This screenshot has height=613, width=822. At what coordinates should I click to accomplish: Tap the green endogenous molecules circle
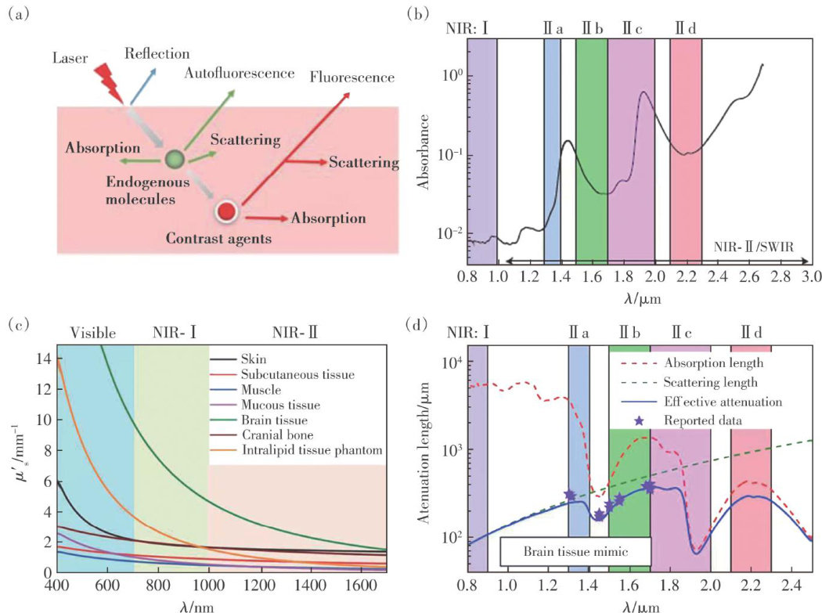(175, 160)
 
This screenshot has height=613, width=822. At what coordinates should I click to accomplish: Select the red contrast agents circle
(226, 211)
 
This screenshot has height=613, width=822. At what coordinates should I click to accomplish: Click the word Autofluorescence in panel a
(240, 73)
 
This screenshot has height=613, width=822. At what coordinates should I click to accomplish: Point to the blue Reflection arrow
(142, 85)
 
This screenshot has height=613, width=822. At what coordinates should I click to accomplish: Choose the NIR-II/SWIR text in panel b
(754, 246)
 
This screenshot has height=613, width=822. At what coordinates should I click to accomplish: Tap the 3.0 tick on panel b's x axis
(809, 276)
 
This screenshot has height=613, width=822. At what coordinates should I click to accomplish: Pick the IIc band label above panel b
(632, 27)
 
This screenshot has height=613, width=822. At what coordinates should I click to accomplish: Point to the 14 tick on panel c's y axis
(45, 359)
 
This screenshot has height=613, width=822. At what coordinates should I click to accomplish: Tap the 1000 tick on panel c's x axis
(207, 585)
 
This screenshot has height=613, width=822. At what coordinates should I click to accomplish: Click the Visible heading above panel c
(93, 332)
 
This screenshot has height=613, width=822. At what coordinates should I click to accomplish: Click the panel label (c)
(18, 323)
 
